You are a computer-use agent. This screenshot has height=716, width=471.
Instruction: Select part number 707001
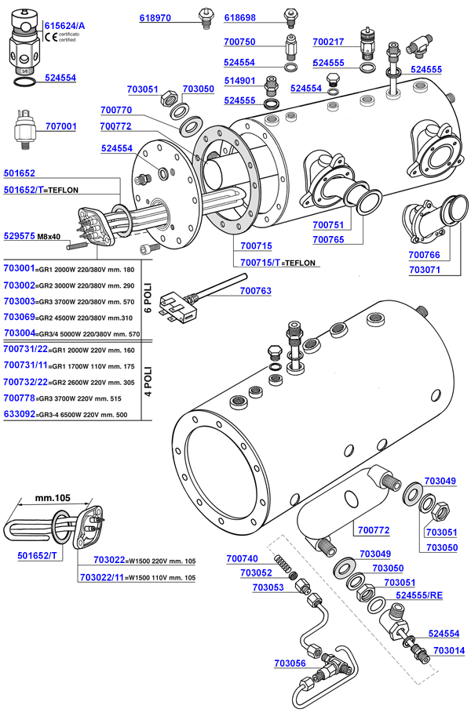(61, 125)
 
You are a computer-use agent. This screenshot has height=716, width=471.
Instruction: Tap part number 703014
(448, 650)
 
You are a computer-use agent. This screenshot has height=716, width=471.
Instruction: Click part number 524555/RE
(420, 595)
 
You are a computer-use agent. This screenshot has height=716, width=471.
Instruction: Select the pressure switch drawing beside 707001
(26, 129)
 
